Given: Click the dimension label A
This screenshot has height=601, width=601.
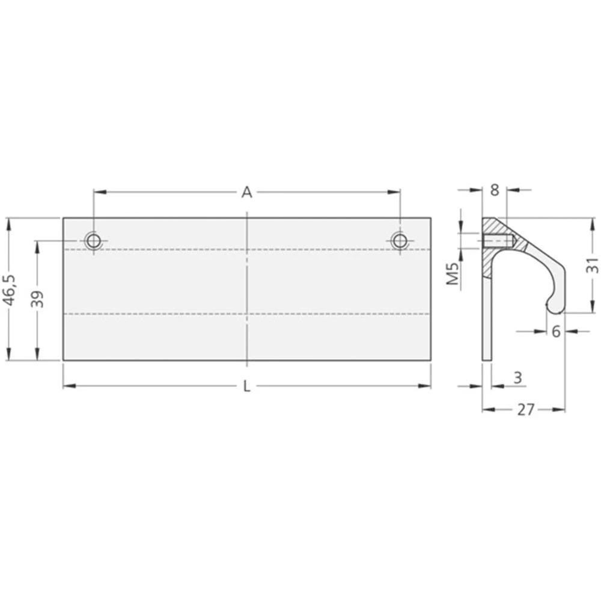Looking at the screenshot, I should [x=246, y=192].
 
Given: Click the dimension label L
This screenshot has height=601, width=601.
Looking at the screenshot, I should [x=247, y=386].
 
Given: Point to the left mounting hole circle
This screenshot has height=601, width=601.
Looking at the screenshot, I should [x=94, y=241].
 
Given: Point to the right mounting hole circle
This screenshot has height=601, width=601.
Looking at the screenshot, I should [x=400, y=241].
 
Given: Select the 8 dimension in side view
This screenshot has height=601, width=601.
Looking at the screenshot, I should [x=494, y=190].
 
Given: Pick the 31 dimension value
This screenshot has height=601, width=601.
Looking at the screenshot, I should [x=592, y=265].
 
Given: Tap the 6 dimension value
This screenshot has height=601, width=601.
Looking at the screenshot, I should [x=556, y=331].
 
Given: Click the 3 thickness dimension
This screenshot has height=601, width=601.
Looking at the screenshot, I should [x=517, y=377].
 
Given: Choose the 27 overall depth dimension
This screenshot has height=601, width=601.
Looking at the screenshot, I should [x=526, y=410].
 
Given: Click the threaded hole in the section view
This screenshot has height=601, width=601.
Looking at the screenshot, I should [x=496, y=242].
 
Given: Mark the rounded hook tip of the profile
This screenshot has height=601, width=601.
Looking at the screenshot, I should [x=552, y=307].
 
